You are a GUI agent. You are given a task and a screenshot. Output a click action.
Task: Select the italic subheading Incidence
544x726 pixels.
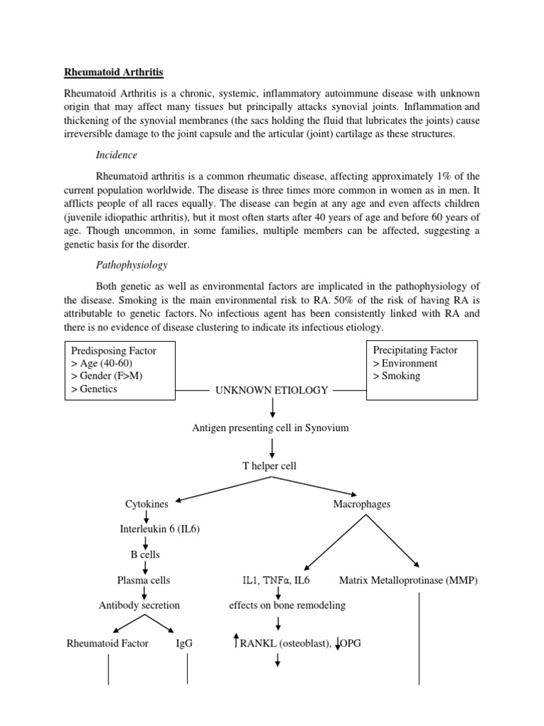point(117,155)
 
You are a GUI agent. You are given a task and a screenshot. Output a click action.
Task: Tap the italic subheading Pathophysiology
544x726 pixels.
point(132,265)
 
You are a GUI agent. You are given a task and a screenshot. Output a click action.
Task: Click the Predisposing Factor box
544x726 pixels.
point(120,370)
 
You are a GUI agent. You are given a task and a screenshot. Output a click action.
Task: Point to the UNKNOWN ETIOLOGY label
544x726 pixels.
point(272,390)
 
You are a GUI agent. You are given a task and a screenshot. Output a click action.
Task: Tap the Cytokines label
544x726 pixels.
point(147,504)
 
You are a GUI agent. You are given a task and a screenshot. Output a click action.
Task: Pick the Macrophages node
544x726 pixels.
point(361,504)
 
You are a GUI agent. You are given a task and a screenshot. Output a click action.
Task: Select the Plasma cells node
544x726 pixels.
point(144,580)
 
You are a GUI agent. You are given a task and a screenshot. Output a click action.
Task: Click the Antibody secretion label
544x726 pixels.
point(139,605)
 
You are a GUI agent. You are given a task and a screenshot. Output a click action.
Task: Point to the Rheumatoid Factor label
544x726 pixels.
point(108,644)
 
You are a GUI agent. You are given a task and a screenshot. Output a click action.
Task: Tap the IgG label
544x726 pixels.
point(184,644)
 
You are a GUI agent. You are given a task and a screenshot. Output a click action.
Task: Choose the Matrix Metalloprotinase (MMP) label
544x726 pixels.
point(409,580)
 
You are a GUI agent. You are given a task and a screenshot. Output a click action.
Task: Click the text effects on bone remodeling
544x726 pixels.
point(288,605)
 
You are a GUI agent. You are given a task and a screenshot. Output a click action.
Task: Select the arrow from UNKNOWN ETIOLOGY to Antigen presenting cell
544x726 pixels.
point(273,408)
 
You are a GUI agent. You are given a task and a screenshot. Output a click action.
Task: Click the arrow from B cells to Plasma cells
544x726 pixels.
point(145,567)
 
